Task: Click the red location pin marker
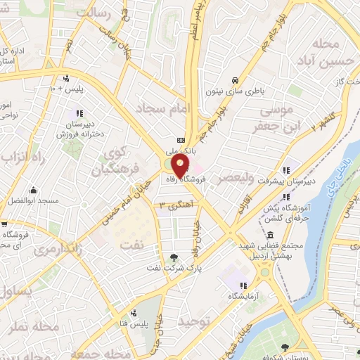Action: (x=181, y=167)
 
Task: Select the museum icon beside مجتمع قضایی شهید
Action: (x=271, y=235)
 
